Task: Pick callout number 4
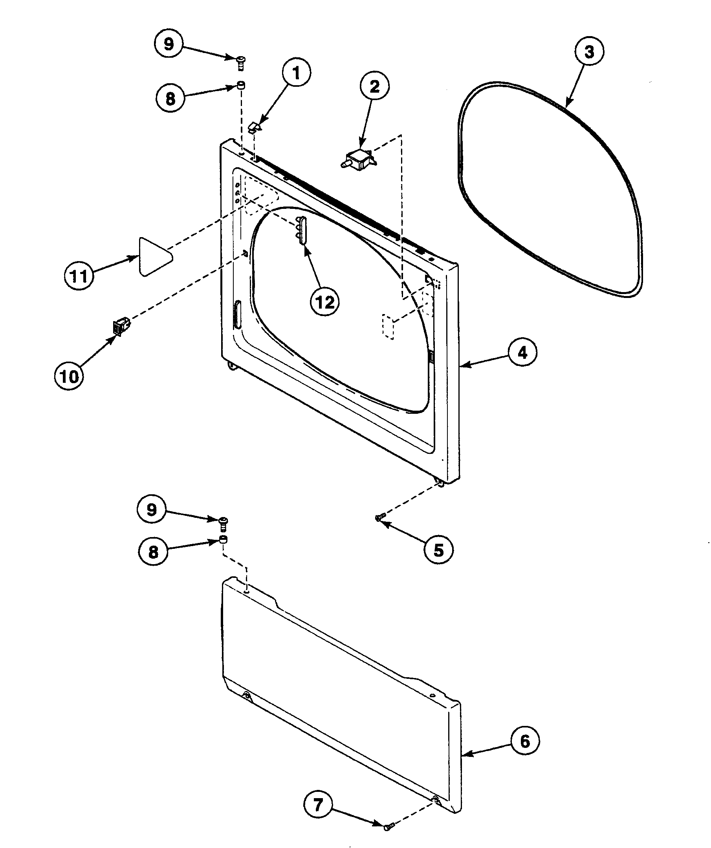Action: [x=522, y=353]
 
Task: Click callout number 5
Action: [x=439, y=550]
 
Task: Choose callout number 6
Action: [x=524, y=741]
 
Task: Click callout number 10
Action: [x=69, y=376]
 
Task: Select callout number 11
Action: [x=79, y=276]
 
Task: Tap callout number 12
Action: [x=324, y=302]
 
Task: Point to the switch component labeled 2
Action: [x=359, y=158]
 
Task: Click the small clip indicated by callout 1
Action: [x=254, y=127]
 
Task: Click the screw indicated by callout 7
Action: [x=388, y=825]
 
